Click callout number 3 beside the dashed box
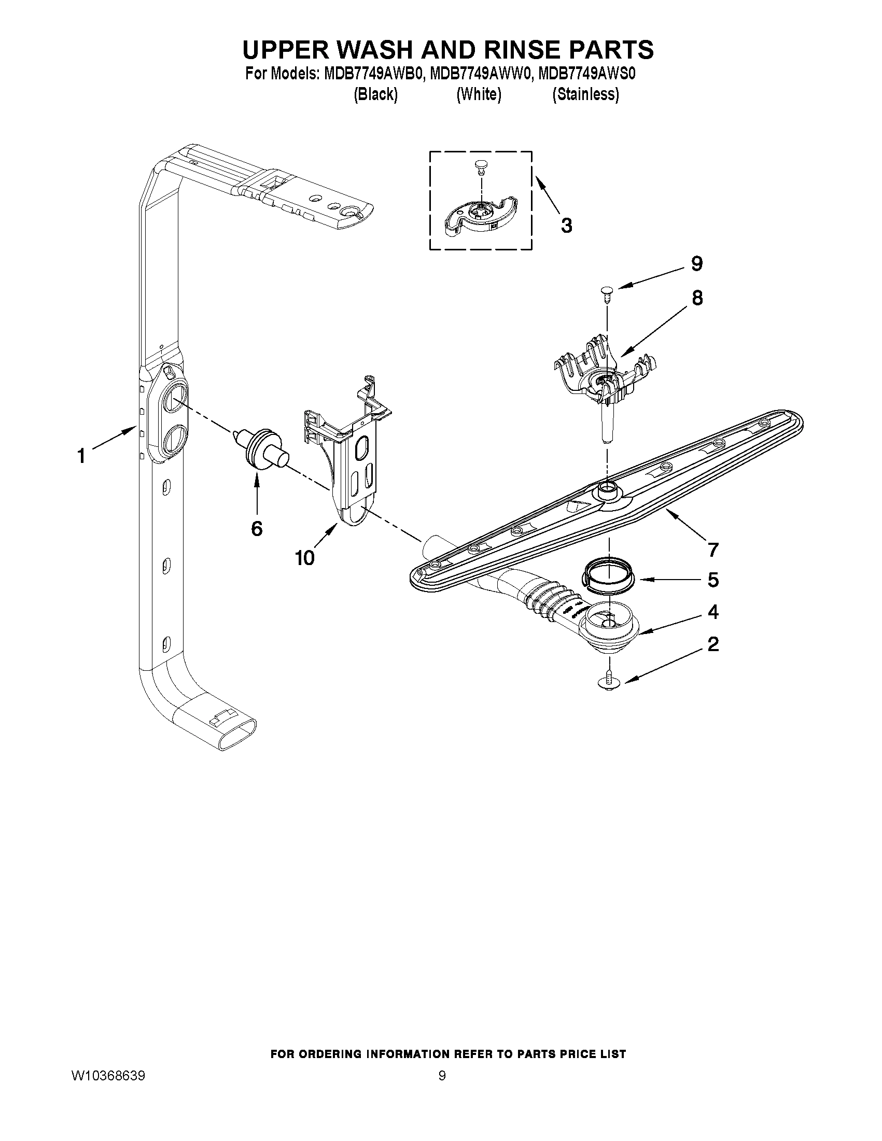tap(566, 226)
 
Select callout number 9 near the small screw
tap(696, 264)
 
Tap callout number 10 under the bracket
tap(304, 558)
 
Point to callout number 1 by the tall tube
tap(81, 457)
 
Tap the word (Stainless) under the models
tap(585, 94)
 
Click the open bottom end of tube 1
tap(239, 735)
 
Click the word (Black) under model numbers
tap(375, 94)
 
